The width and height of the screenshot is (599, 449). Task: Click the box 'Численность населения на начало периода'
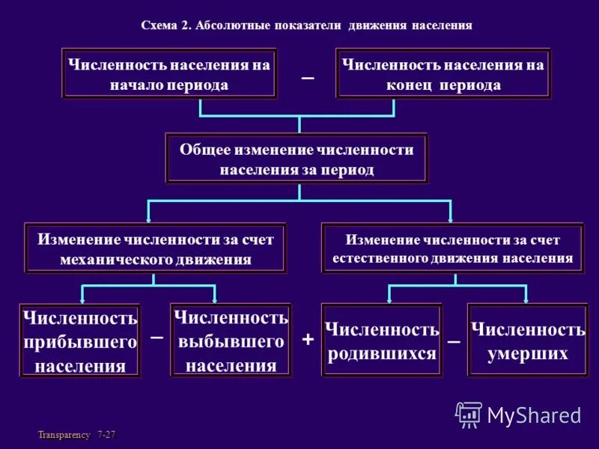coord(169,74)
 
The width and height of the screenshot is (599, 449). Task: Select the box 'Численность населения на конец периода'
coord(443,74)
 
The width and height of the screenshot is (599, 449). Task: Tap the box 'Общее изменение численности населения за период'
coord(297,159)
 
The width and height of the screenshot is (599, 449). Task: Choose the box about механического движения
coord(156,249)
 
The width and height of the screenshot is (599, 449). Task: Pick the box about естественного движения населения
coord(452,248)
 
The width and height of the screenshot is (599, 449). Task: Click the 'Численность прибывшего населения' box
coord(80,341)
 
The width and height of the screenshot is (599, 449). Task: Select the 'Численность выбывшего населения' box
coord(231,341)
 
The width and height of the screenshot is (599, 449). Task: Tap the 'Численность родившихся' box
coord(382,340)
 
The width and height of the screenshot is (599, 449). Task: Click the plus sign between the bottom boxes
coord(308,339)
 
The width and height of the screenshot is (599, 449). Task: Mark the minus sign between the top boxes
coord(307,78)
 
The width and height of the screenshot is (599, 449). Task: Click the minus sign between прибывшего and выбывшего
coord(156,337)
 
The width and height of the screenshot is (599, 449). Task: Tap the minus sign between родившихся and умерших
coord(454,341)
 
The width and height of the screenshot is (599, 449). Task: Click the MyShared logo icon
coord(469,415)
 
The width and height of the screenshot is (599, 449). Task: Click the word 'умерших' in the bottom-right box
coord(528,352)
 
